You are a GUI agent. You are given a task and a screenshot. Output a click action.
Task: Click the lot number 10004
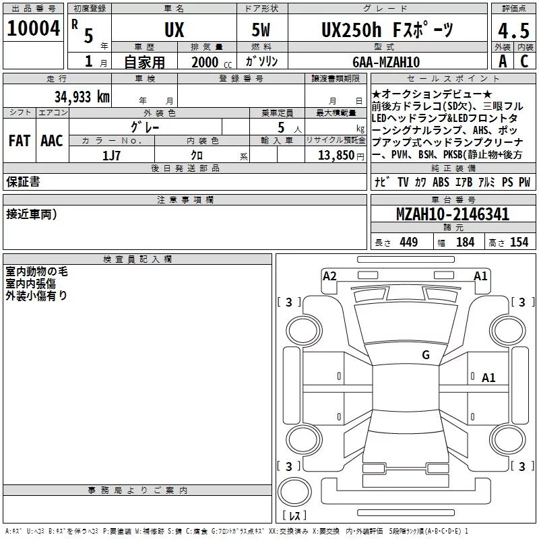pyautogui.click(x=33, y=28)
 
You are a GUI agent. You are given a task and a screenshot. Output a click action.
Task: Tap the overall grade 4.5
pyautogui.click(x=514, y=30)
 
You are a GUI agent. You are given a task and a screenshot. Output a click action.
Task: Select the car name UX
pyautogui.click(x=175, y=30)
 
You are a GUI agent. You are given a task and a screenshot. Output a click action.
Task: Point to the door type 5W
pyautogui.click(x=261, y=30)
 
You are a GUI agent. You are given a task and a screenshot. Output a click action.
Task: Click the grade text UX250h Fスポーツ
pyautogui.click(x=387, y=30)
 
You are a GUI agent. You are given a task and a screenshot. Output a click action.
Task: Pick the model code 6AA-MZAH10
pyautogui.click(x=386, y=62)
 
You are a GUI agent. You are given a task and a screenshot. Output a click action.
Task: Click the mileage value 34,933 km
pyautogui.click(x=82, y=97)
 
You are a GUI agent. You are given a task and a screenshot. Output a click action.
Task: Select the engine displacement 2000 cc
pyautogui.click(x=212, y=62)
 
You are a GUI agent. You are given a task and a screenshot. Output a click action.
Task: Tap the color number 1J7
pyautogui.click(x=111, y=156)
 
